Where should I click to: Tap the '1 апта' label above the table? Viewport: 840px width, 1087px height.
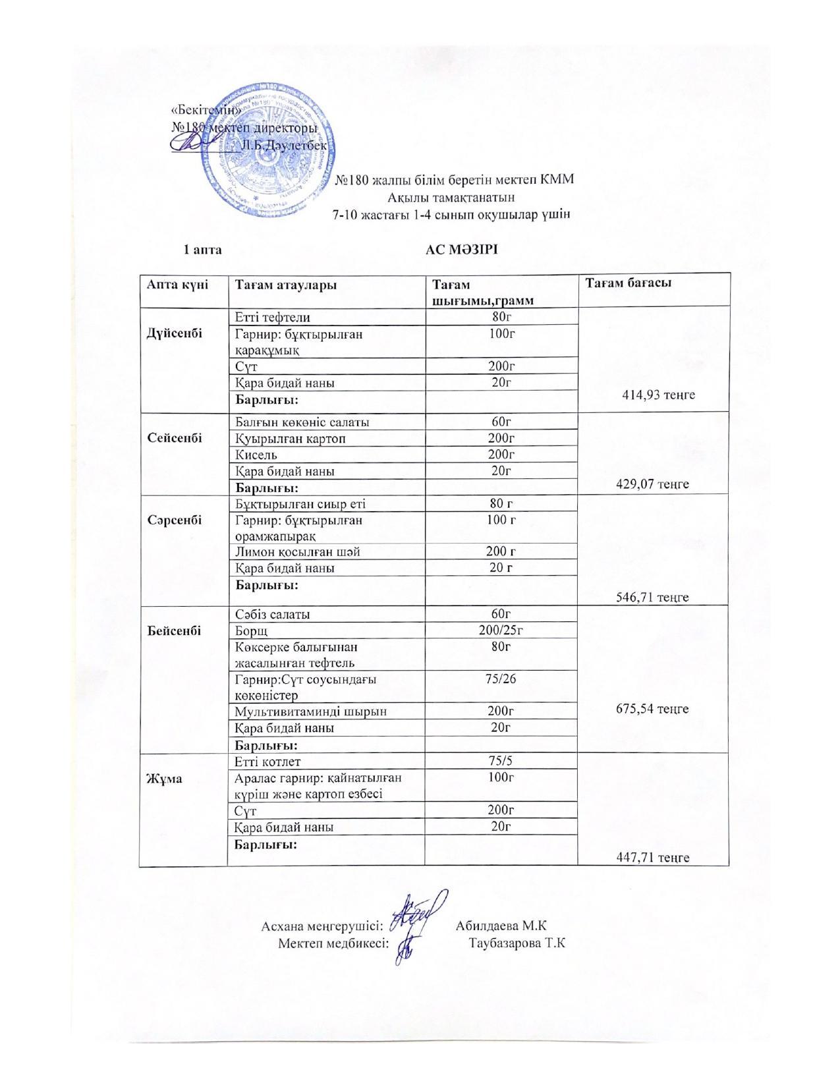pyautogui.click(x=202, y=250)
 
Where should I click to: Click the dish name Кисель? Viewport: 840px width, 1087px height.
pyautogui.click(x=256, y=455)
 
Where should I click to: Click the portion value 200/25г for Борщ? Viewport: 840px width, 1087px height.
pyautogui.click(x=501, y=630)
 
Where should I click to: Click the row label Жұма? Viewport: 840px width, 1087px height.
pyautogui.click(x=164, y=778)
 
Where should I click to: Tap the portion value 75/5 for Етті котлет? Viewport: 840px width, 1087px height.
pyautogui.click(x=501, y=762)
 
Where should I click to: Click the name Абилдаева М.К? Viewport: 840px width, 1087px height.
pyautogui.click(x=501, y=925)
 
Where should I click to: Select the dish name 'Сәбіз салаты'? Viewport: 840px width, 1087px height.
pyautogui.click(x=273, y=614)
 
